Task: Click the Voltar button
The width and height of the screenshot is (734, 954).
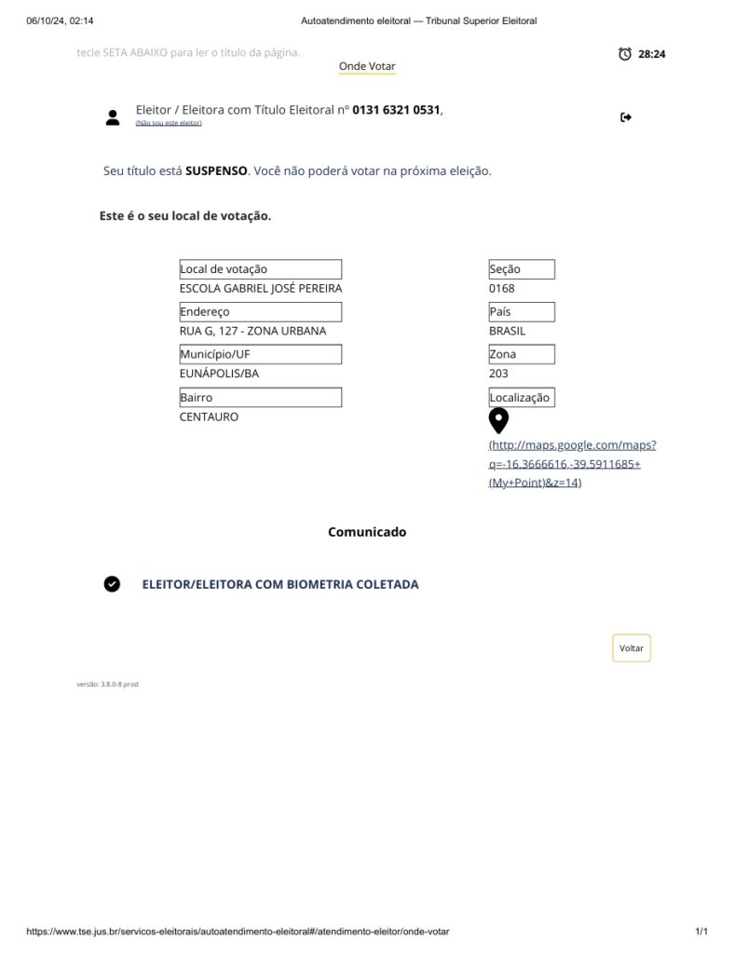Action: [x=632, y=648]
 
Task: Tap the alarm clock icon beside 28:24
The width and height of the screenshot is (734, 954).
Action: [x=625, y=54]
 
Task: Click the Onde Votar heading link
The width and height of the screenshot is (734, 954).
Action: [x=367, y=66]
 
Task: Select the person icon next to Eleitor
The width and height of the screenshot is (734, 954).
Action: [x=113, y=116]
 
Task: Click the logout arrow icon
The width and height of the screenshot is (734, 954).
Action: [x=626, y=116]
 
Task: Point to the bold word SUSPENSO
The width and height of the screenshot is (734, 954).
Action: [x=216, y=171]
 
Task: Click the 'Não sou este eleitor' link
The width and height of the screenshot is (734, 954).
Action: [x=168, y=123]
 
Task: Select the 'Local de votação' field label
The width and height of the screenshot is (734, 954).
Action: [x=260, y=269]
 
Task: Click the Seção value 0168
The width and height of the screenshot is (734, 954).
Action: [x=501, y=289]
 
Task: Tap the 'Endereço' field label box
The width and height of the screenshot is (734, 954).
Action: [x=260, y=312]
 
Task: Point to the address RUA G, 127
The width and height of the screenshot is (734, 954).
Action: [x=252, y=331]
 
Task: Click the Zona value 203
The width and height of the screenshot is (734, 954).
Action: [x=498, y=374]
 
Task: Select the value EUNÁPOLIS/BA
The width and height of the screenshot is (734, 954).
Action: [x=219, y=374]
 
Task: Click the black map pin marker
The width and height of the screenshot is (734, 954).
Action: [x=498, y=421]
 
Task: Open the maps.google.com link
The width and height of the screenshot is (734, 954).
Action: [x=572, y=464]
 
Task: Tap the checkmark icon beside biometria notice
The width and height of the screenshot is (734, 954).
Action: [x=112, y=584]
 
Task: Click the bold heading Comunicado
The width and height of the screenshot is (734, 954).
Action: [x=367, y=532]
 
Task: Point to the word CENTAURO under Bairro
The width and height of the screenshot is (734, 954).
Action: [x=209, y=416]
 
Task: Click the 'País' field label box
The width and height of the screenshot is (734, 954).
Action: [x=521, y=312]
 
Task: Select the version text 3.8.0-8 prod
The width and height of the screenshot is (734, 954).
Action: [x=107, y=684]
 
